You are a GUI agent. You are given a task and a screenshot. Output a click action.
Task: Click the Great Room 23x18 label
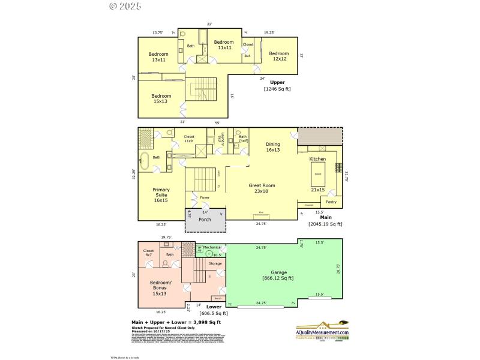tap(262, 189)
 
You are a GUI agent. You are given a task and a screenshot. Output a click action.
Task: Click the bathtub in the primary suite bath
tap(144, 159)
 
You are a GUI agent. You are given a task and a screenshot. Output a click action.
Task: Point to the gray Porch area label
tap(205, 219)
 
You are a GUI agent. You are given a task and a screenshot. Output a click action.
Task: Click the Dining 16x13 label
tap(273, 147)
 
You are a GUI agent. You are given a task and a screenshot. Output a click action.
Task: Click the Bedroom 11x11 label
tap(223, 45)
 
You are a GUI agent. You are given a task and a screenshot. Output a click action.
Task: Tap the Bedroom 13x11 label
tap(158, 57)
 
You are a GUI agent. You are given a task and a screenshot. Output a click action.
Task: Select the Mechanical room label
tap(212, 247)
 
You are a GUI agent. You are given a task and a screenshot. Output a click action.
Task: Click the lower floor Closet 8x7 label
tap(148, 253)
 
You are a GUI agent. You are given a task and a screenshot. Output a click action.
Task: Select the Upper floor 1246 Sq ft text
tap(277, 85)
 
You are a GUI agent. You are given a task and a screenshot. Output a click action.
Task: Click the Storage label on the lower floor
tap(215, 263)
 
